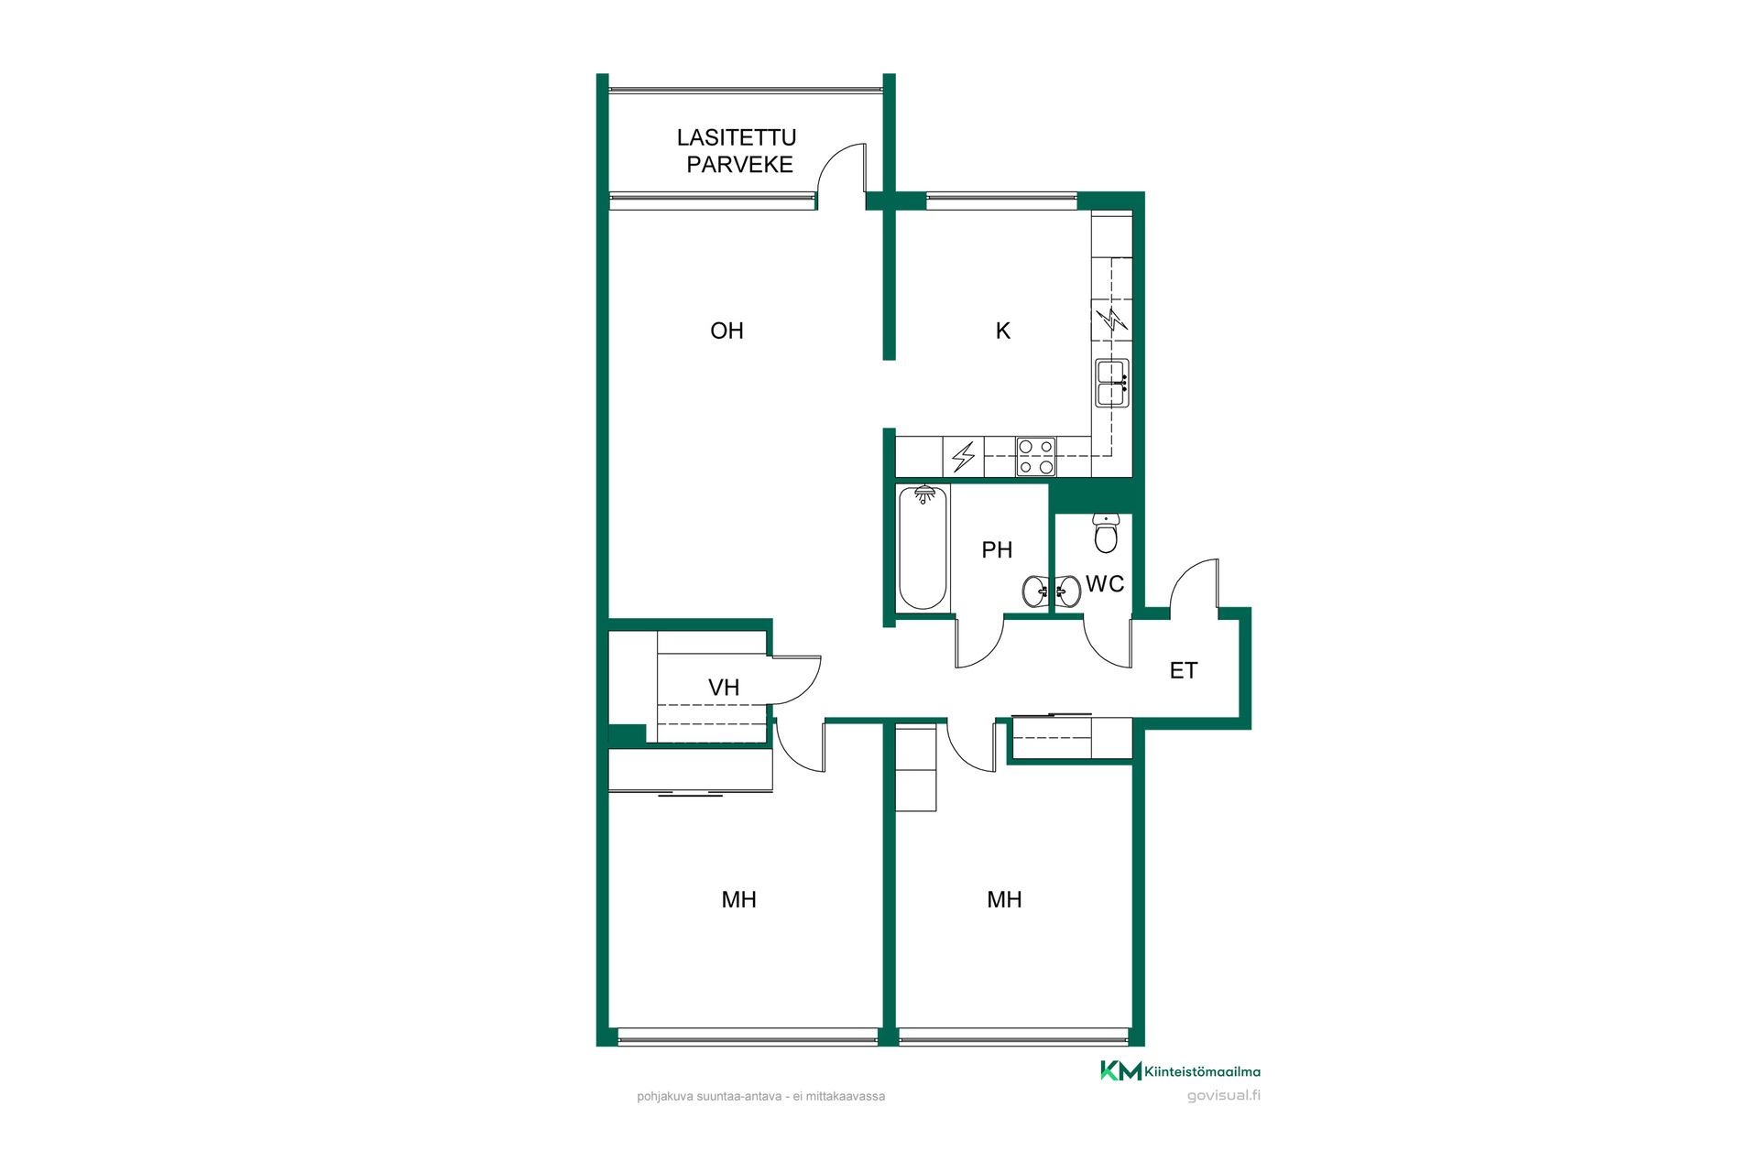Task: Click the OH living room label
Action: tap(727, 331)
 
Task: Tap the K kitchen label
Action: tap(1003, 331)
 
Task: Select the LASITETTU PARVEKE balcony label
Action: tap(737, 151)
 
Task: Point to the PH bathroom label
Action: tap(997, 549)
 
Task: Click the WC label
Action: tap(1105, 584)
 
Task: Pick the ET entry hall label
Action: tap(1184, 670)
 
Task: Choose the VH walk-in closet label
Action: tap(724, 688)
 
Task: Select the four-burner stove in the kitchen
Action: tap(1036, 457)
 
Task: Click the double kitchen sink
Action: tap(1112, 383)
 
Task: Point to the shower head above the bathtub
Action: tap(925, 494)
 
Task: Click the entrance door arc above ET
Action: tap(1183, 572)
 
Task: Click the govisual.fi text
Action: tap(1224, 1095)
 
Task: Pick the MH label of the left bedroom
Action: tap(738, 899)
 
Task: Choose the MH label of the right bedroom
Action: tap(1004, 899)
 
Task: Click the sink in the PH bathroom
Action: tap(1036, 591)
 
